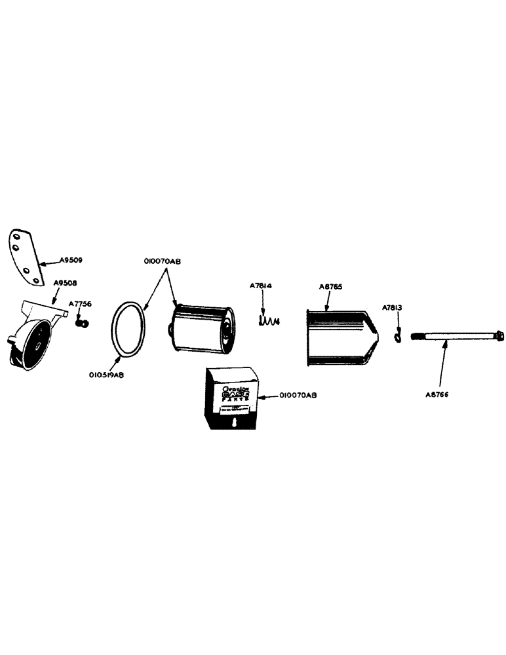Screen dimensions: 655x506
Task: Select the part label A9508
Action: click(x=65, y=284)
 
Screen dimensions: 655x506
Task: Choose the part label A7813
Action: click(x=394, y=307)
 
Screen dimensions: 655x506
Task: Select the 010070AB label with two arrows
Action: click(x=162, y=261)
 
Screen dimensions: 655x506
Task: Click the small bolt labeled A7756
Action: click(x=83, y=322)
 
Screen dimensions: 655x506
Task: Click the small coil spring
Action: click(x=267, y=321)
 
